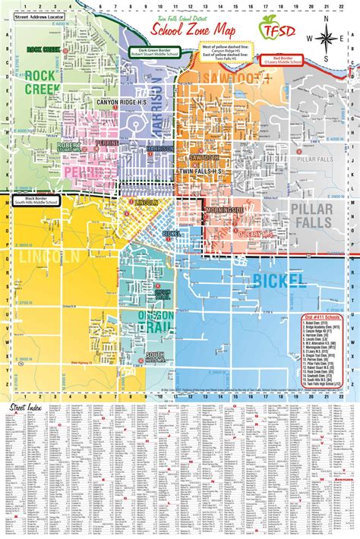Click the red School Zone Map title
(201, 30)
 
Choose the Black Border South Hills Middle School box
(36, 200)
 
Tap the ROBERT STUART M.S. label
(68, 145)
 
